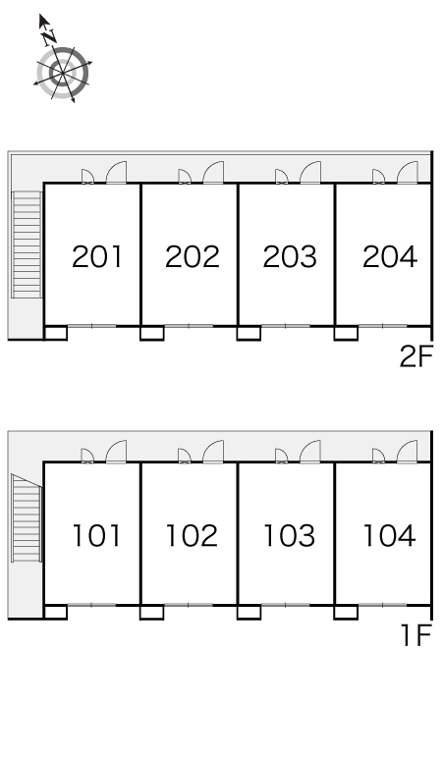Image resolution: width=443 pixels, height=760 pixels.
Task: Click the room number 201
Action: tap(96, 257)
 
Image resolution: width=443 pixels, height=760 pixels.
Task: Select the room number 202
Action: tap(193, 257)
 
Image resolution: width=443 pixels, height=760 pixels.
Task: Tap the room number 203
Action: tap(290, 257)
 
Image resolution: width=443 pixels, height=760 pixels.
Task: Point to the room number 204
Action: tap(390, 257)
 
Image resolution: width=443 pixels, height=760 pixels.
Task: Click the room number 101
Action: tap(96, 535)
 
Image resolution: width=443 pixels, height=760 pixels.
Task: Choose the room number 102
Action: tap(192, 535)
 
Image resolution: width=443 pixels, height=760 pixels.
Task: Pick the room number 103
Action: tap(290, 535)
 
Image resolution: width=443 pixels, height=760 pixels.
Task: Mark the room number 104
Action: tap(389, 535)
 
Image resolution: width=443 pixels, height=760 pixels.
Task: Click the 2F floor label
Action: tap(415, 357)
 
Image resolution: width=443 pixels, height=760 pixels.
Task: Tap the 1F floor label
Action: tap(416, 635)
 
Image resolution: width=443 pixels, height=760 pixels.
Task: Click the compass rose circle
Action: tap(63, 73)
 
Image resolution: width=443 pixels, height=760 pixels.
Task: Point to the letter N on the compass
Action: tap(49, 37)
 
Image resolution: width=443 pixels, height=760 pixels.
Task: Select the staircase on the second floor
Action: tap(27, 244)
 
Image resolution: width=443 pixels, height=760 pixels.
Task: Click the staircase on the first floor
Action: tap(27, 518)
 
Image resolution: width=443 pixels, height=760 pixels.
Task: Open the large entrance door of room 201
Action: tap(116, 173)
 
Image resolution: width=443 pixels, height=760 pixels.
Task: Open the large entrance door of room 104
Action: tap(407, 452)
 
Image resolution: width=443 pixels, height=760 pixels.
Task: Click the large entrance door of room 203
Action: tap(310, 173)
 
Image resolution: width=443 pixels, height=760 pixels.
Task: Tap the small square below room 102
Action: tap(151, 612)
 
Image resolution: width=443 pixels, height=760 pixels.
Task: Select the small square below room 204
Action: tap(346, 334)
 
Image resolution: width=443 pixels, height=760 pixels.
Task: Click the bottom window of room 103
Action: tap(286, 605)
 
